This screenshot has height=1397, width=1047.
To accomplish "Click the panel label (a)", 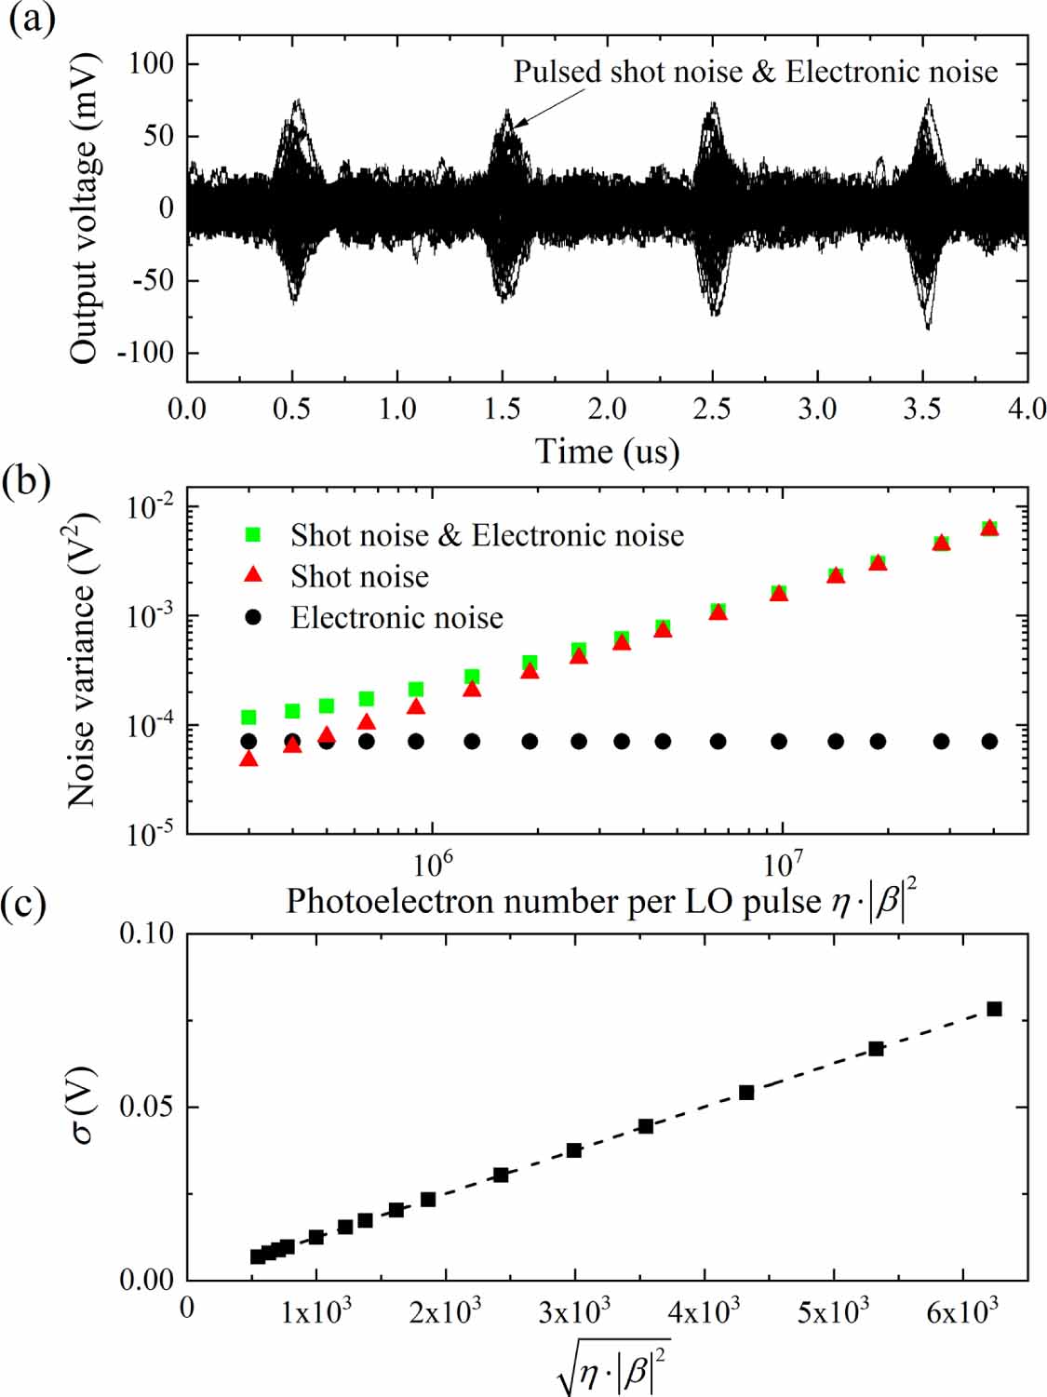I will [x=31, y=18].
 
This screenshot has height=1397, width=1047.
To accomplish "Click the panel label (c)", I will [x=24, y=903].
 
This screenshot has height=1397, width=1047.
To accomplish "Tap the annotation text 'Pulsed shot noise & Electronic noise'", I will [x=755, y=72].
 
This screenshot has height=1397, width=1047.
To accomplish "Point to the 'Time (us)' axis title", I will [x=607, y=451].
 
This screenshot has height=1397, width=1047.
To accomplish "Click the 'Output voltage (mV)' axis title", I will [x=83, y=208].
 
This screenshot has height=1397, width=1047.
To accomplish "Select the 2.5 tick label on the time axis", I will [x=712, y=409].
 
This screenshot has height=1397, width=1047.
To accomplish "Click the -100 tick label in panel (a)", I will [x=145, y=353].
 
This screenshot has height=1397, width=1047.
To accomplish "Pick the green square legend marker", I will [x=252, y=535].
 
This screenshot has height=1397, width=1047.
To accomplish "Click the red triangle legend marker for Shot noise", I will [x=252, y=575].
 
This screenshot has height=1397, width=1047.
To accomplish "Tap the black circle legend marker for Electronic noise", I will [x=252, y=618].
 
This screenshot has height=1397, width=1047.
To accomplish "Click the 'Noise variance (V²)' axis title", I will [x=81, y=658].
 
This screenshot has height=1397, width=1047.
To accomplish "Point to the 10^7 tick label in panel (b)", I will [x=782, y=864].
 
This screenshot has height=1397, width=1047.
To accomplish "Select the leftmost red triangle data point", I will [x=248, y=759].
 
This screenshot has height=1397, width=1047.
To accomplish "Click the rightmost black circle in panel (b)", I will [x=989, y=742].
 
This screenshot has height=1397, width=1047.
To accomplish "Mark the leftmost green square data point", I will [x=248, y=718].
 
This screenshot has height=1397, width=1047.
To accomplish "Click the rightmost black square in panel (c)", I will [x=994, y=1009].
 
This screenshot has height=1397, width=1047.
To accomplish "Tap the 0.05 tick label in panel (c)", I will [x=145, y=1107].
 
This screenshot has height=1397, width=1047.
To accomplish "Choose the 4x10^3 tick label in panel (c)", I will [x=704, y=1312].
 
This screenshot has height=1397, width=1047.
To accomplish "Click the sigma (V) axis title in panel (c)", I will [x=83, y=1105].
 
